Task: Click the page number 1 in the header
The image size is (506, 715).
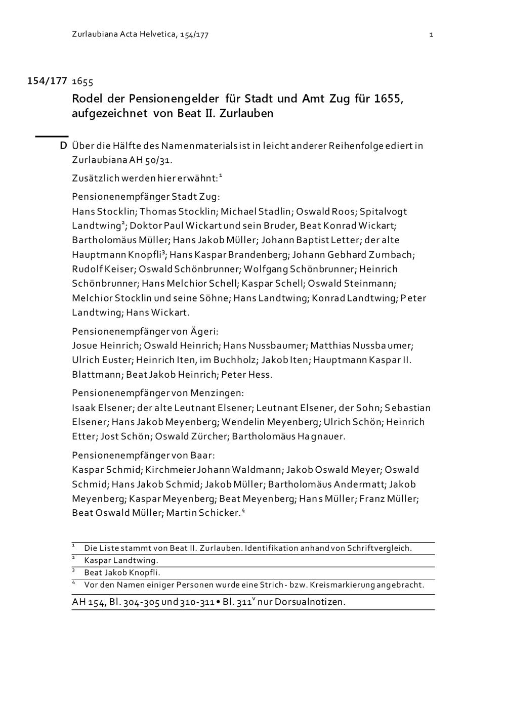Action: [x=431, y=35]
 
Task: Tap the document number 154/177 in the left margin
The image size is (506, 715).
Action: [x=47, y=81]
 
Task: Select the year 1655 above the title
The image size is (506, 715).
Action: [x=82, y=81]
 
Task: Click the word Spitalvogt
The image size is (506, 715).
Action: [x=383, y=211]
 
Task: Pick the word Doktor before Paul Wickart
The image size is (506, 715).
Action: [x=146, y=226]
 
